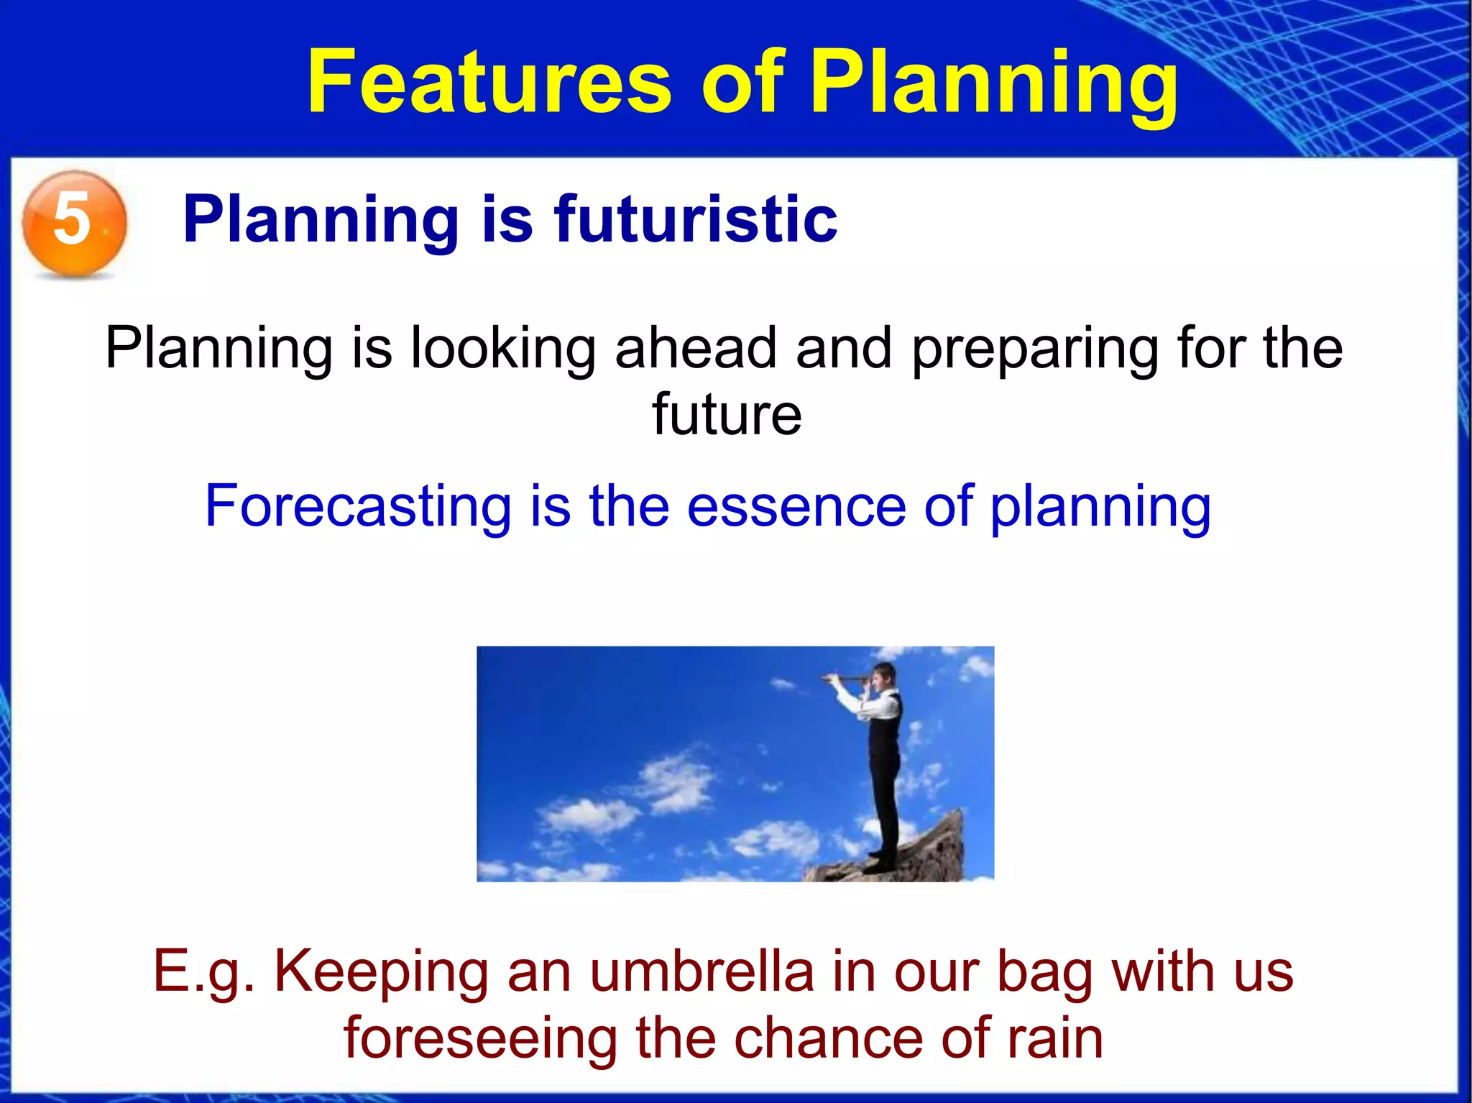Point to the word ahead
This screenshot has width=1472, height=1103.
point(695,348)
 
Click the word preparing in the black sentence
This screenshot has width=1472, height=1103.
point(1034,348)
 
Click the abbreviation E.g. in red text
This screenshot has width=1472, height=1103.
point(204,971)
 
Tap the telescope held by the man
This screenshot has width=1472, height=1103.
point(845,677)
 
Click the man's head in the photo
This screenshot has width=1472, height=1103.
point(883,676)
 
